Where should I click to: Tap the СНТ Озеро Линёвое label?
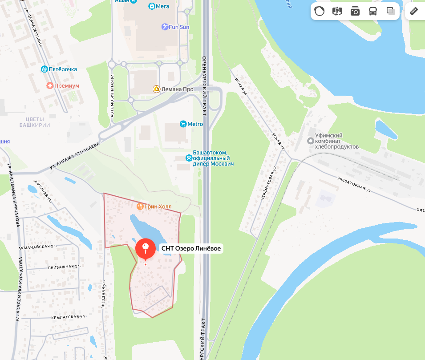191,249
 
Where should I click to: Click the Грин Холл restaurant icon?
140,206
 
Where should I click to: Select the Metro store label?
195,124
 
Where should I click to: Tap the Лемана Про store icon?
157,89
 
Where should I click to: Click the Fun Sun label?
179,27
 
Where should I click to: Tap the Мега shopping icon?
152,6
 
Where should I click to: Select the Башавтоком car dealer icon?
189,158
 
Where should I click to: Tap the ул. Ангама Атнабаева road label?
74,156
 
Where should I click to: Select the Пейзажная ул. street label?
64,267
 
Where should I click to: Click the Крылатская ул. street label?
68,317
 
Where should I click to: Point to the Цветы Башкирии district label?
32,122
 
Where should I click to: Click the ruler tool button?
414,12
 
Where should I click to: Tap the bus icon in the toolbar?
373,12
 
